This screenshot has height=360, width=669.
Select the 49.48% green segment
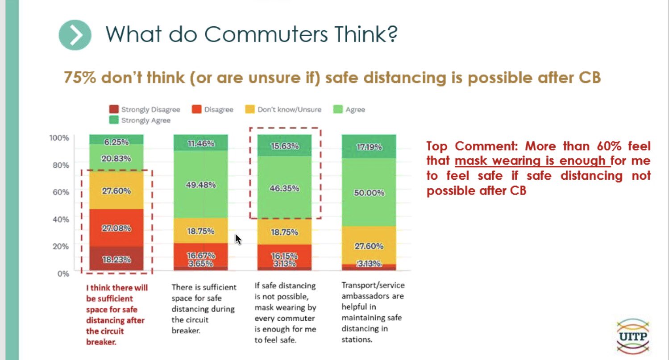201,185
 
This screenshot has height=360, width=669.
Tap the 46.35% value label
285,188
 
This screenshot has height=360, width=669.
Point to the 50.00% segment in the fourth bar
369,192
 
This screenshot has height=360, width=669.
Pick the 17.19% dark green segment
369,146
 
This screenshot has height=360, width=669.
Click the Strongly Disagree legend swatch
114,110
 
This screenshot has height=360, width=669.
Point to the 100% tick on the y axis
59,137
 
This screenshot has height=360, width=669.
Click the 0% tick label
63,273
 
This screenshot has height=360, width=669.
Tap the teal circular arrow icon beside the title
75,35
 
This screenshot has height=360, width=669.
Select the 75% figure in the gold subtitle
80,77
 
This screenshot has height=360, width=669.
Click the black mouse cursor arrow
238,239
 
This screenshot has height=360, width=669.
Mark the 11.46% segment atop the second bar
201,143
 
